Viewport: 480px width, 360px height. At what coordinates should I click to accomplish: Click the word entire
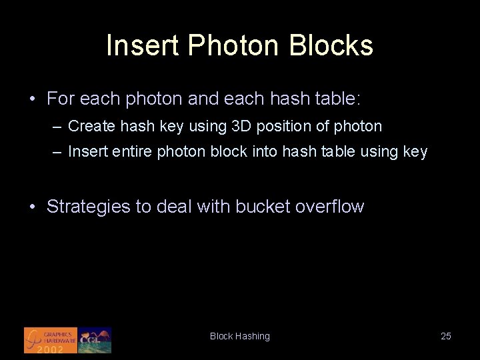coord(133,152)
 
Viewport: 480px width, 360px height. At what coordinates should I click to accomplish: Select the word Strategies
coord(89,207)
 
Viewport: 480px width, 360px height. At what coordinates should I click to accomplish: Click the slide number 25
coord(446,336)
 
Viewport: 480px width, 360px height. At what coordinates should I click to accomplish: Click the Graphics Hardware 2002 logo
coord(50,340)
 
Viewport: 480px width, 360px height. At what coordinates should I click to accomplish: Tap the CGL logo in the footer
coord(95,340)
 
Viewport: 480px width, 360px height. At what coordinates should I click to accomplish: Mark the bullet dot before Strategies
coord(33,207)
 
